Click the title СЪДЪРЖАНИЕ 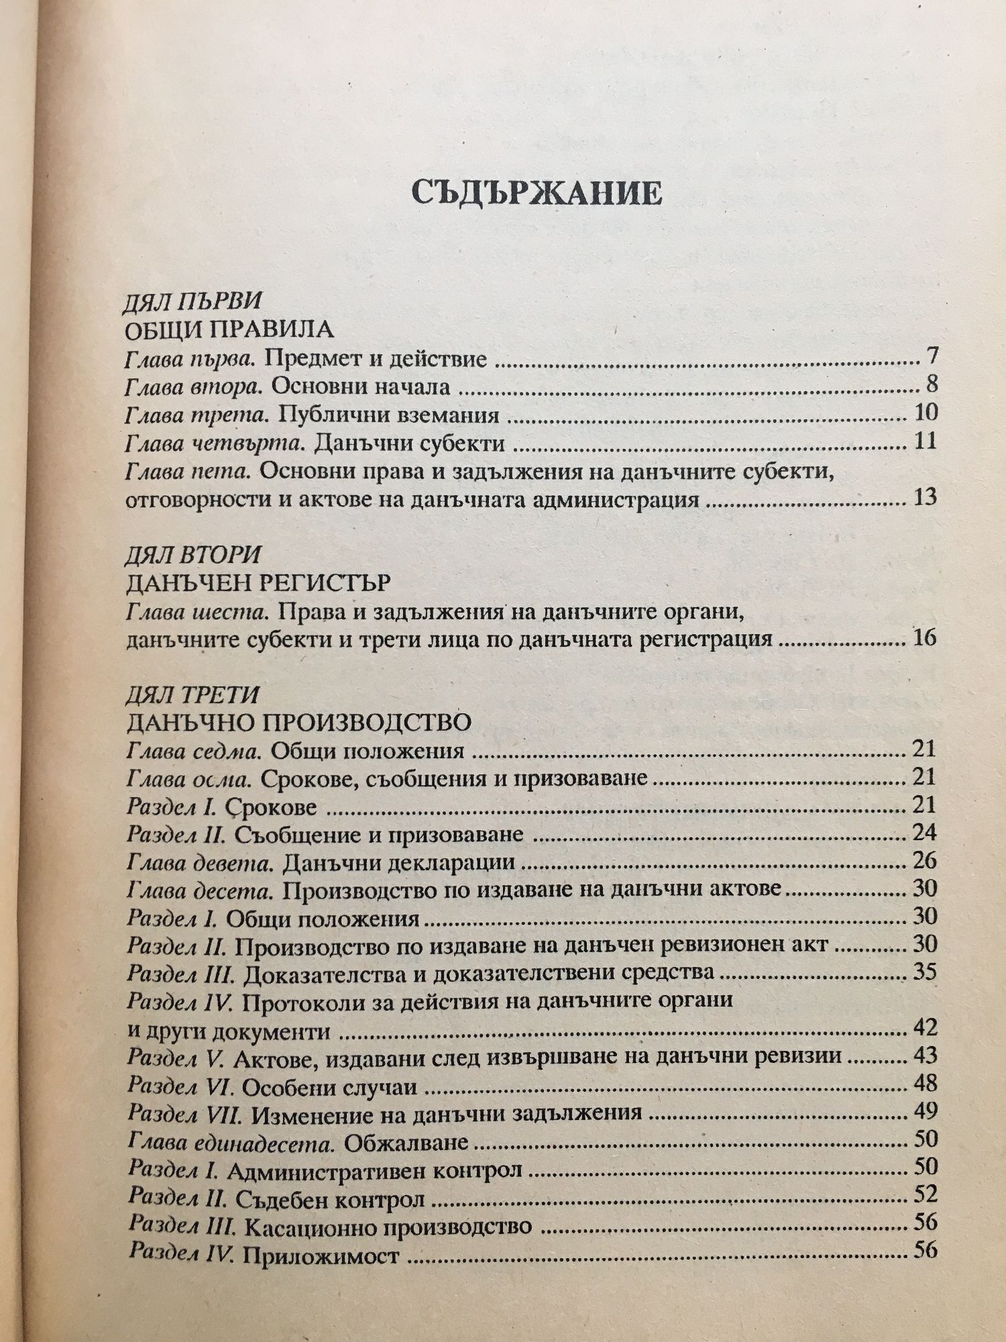[537, 193]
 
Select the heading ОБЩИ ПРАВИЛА [229, 330]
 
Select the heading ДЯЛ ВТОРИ [192, 556]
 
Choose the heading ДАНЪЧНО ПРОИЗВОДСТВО [298, 723]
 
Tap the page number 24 [924, 833]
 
